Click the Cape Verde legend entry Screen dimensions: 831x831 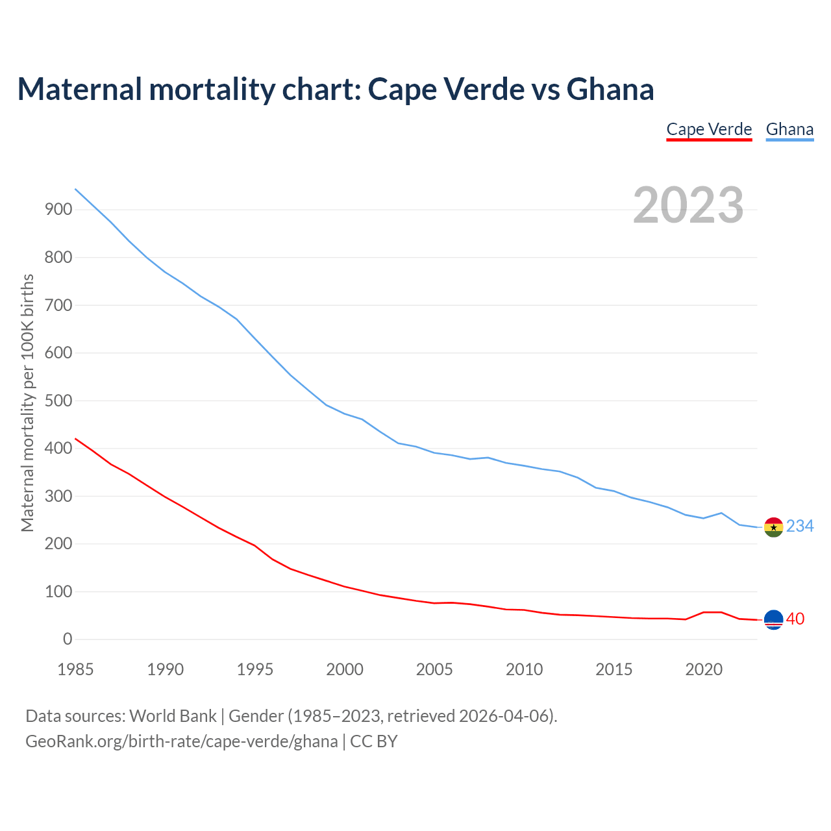point(709,129)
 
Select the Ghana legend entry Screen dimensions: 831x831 point(789,129)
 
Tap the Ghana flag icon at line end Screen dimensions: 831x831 point(773,527)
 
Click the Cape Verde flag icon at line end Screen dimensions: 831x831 point(773,620)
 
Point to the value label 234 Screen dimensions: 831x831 point(800,527)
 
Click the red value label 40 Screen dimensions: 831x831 point(795,619)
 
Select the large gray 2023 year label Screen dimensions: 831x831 point(688,205)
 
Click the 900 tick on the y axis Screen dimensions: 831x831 point(58,209)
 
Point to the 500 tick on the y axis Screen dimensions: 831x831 point(58,401)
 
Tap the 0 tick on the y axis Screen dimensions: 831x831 point(68,639)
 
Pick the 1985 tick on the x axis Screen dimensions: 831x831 point(76,669)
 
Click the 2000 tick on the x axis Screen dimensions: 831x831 point(345,669)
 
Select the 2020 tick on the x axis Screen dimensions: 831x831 point(704,669)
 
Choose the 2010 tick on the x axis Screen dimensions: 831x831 point(525,669)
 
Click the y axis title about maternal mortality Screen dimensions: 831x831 point(27,403)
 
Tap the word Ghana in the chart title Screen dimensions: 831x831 point(610,89)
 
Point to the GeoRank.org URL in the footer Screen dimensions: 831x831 point(182,741)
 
